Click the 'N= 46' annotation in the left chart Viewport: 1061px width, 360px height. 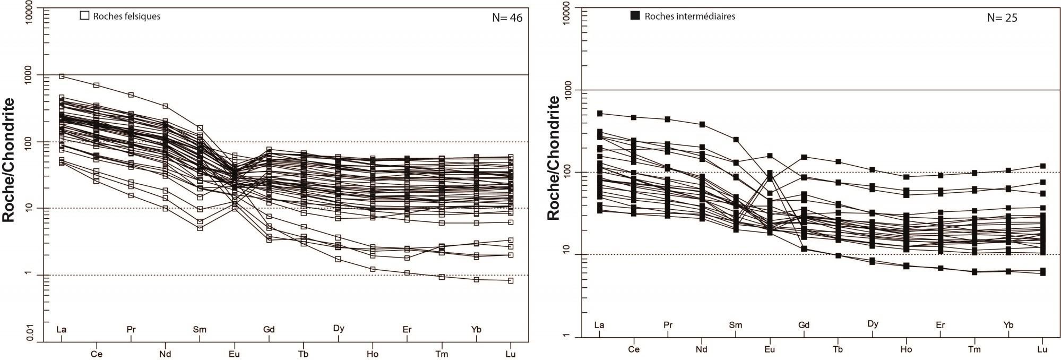[x=507, y=18]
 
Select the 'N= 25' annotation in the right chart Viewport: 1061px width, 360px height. [x=1002, y=18]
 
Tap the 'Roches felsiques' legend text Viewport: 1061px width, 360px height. [x=126, y=16]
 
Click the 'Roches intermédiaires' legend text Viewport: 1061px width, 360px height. [x=689, y=16]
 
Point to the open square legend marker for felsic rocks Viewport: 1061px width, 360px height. [x=84, y=16]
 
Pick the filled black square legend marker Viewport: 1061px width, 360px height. [x=635, y=16]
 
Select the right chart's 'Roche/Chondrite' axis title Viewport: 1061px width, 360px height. [x=554, y=158]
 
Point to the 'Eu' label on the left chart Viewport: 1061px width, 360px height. [x=234, y=354]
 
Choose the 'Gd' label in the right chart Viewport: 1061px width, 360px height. [x=804, y=325]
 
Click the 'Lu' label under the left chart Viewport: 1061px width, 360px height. [x=510, y=354]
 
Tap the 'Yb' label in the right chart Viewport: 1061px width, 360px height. [x=1008, y=325]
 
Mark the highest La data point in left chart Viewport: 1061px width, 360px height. [x=62, y=76]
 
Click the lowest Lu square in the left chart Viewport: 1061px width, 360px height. [x=511, y=280]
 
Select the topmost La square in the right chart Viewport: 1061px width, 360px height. [x=600, y=114]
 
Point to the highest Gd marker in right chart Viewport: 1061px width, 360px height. [x=804, y=157]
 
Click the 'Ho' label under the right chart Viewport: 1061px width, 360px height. [x=905, y=349]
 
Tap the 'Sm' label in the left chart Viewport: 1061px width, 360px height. [x=199, y=330]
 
